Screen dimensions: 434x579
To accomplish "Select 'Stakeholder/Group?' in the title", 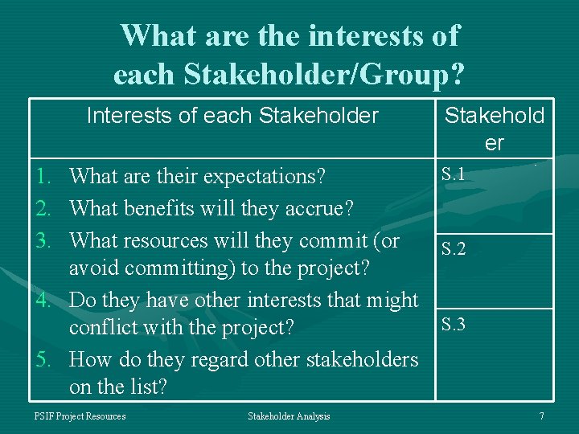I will click(323, 74).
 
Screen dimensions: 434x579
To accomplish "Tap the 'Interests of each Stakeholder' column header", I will click(232, 116).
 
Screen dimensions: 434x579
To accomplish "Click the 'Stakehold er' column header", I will click(495, 129).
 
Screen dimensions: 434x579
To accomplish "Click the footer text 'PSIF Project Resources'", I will click(80, 416).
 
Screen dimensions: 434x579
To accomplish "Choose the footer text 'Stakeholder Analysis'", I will click(289, 416).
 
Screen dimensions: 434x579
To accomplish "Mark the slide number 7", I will click(541, 416).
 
